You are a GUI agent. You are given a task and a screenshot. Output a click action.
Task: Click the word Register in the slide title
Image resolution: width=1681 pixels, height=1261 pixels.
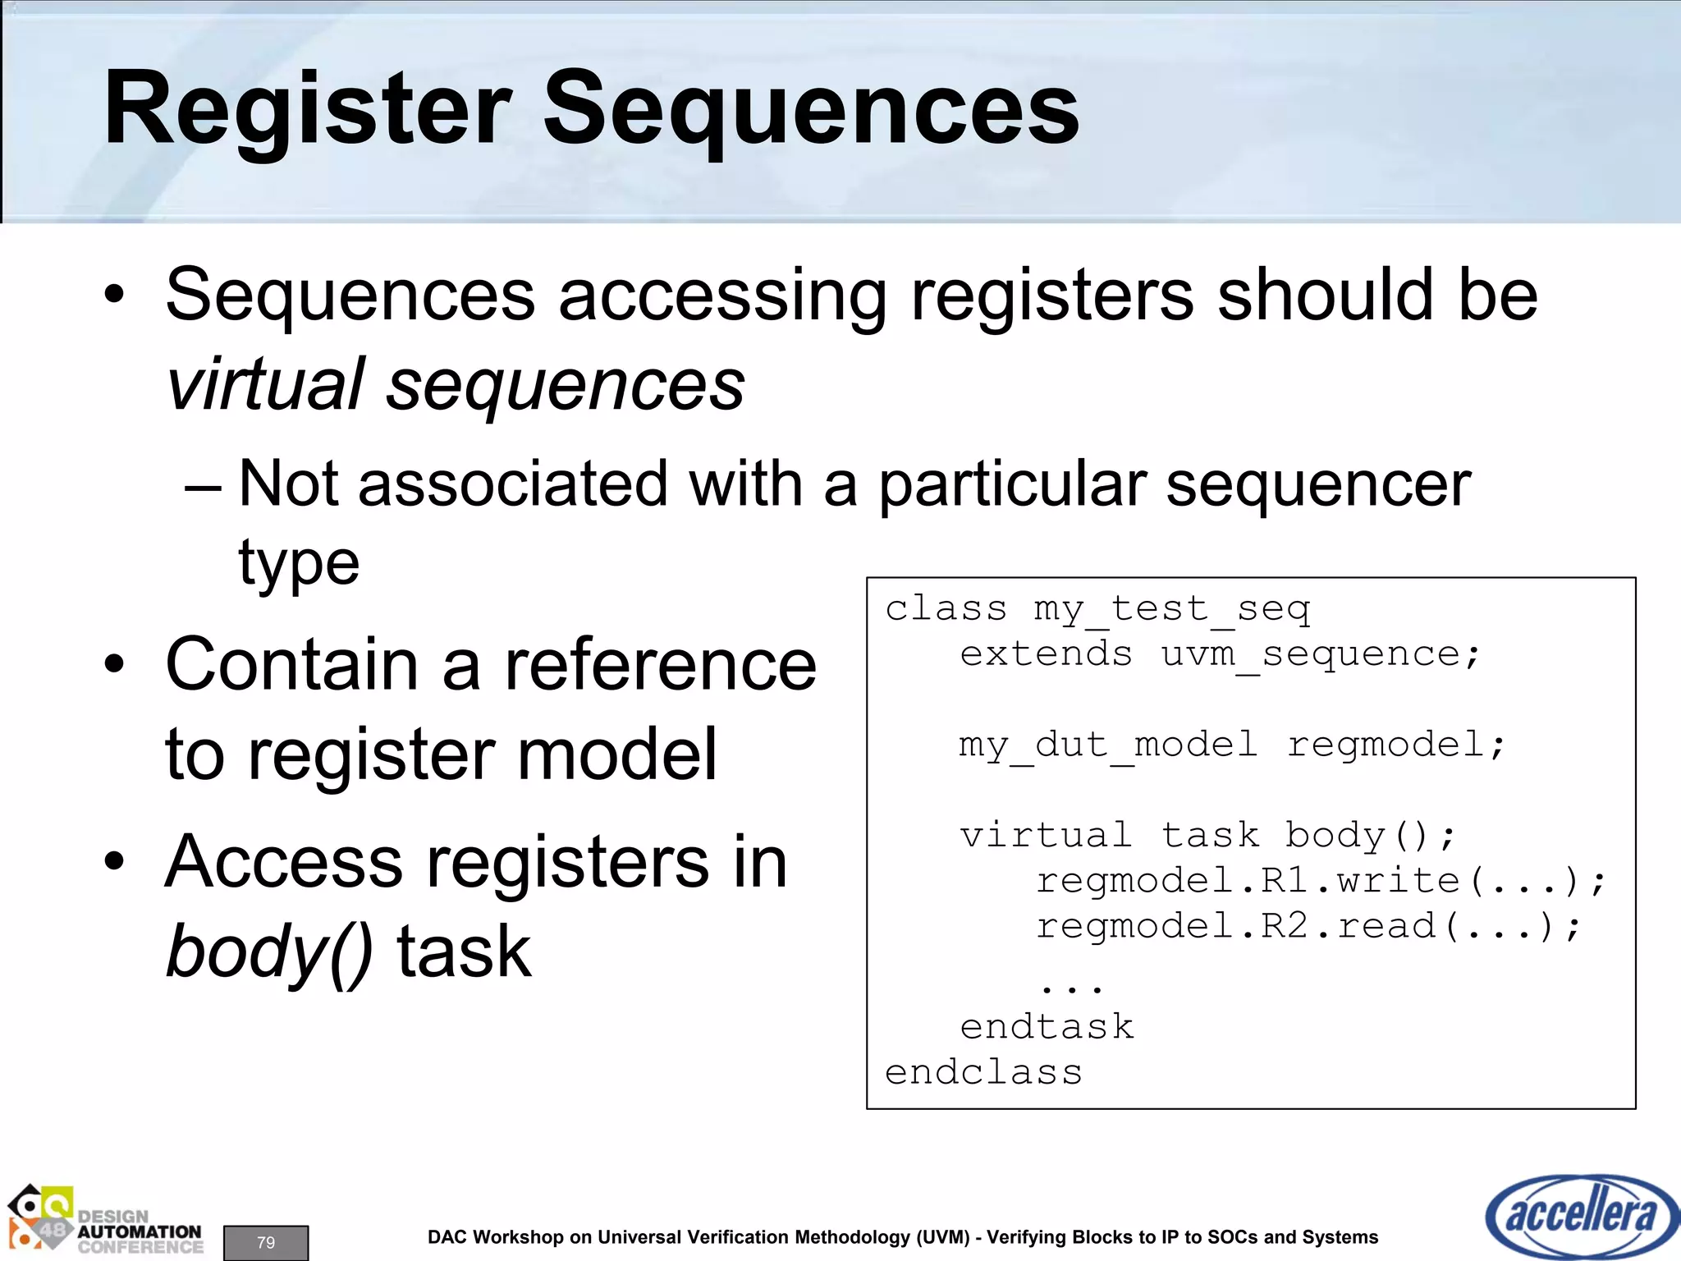(308, 111)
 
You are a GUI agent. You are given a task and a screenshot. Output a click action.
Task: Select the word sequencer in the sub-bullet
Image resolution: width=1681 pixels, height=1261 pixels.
(1318, 484)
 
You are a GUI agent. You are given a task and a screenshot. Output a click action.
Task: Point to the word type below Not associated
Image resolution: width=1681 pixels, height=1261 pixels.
(299, 565)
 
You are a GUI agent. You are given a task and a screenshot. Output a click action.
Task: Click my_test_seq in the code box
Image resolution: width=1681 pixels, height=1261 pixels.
(1171, 609)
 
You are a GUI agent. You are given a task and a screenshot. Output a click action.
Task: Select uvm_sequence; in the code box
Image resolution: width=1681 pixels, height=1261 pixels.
(1321, 654)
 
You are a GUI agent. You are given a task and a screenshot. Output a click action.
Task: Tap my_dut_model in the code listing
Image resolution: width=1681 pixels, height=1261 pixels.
(1108, 745)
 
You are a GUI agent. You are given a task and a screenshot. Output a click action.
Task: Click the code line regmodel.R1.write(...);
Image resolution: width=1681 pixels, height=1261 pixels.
(1321, 881)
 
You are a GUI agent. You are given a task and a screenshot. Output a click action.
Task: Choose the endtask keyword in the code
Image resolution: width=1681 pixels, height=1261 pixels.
(1047, 1027)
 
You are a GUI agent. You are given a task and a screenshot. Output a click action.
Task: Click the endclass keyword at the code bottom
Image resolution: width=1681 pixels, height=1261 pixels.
(983, 1073)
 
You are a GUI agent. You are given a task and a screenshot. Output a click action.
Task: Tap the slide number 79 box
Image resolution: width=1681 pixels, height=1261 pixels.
(266, 1242)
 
